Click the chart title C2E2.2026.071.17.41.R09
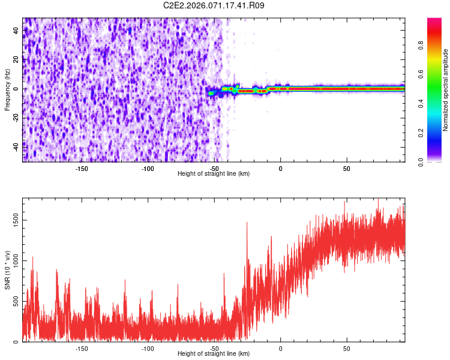click(x=214, y=5)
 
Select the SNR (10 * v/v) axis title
click(x=7, y=269)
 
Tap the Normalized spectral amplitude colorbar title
click(x=446, y=91)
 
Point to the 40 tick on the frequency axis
click(x=16, y=32)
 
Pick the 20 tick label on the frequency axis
click(x=16, y=60)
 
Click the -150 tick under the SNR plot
click(x=82, y=349)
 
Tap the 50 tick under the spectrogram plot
click(x=347, y=169)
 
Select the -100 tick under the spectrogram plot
click(x=148, y=169)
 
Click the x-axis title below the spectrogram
click(x=214, y=174)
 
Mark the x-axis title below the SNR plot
click(x=214, y=354)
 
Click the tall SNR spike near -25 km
click(x=247, y=225)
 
